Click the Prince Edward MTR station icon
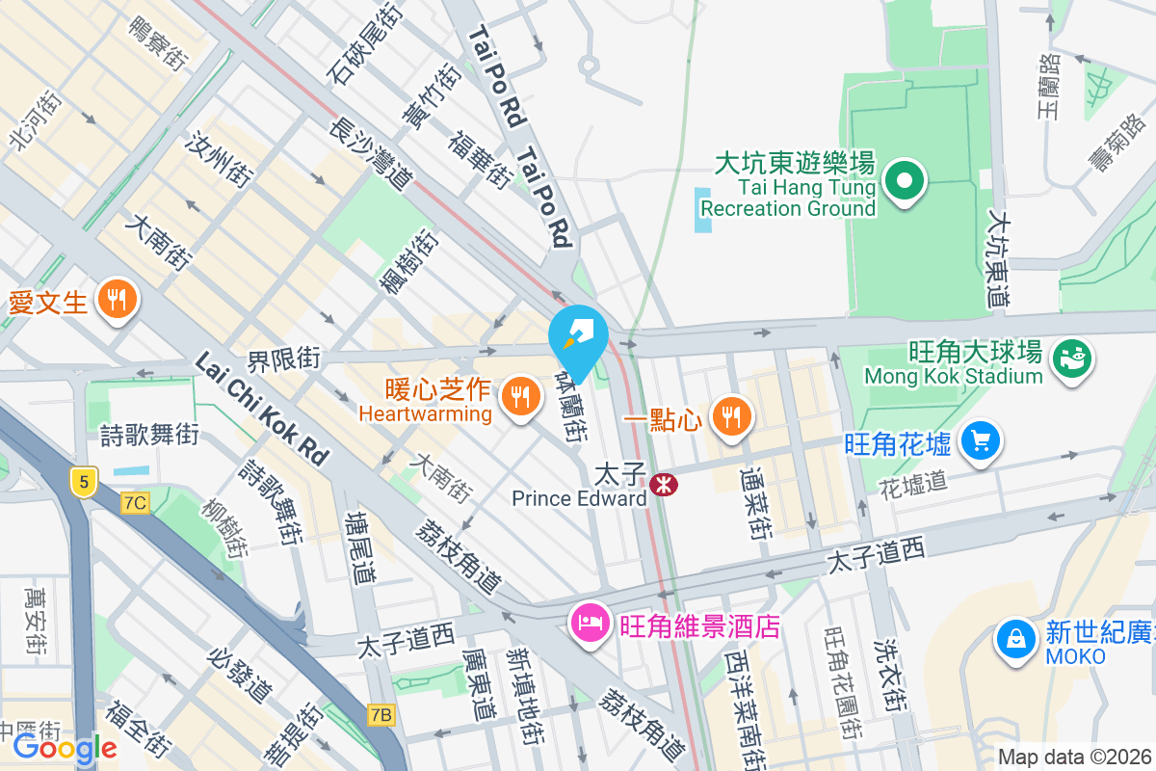(663, 484)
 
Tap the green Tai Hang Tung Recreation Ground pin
(905, 180)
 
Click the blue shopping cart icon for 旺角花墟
(981, 441)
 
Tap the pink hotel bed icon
(588, 623)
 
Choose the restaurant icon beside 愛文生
(117, 300)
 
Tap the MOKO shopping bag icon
(1015, 637)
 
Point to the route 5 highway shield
(84, 480)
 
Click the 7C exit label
(135, 502)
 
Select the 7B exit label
(381, 714)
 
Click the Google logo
(65, 748)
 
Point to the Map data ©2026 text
(1073, 758)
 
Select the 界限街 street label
(283, 360)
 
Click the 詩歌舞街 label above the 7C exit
(149, 435)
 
